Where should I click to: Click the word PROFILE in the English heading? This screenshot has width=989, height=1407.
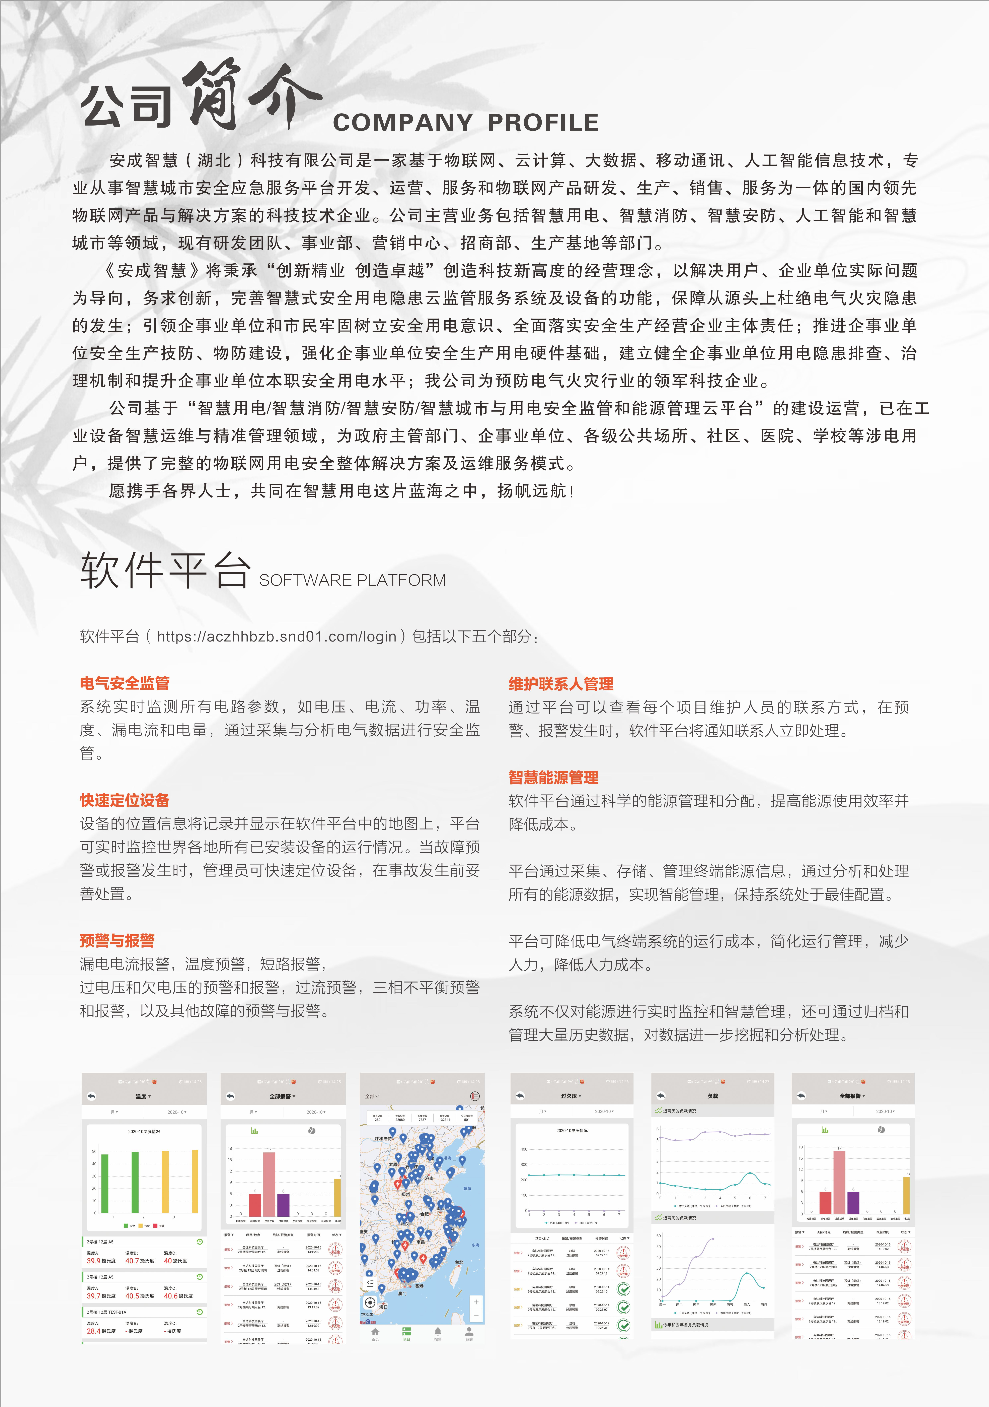click(543, 123)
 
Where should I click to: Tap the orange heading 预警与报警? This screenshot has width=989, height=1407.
click(117, 941)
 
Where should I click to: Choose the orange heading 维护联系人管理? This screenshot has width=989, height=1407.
click(561, 684)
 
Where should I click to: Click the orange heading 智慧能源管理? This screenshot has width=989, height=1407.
click(553, 778)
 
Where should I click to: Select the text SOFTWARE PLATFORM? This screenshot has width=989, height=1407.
click(352, 580)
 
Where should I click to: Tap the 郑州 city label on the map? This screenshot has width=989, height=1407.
click(406, 1194)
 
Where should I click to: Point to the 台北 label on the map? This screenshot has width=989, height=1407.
click(459, 1262)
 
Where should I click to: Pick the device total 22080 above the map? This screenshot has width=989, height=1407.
click(399, 1120)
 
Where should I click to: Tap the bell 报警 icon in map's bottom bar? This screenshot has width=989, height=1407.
click(438, 1332)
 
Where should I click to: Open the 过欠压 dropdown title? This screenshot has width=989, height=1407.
click(571, 1096)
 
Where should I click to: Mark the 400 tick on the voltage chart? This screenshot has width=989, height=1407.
click(524, 1149)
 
